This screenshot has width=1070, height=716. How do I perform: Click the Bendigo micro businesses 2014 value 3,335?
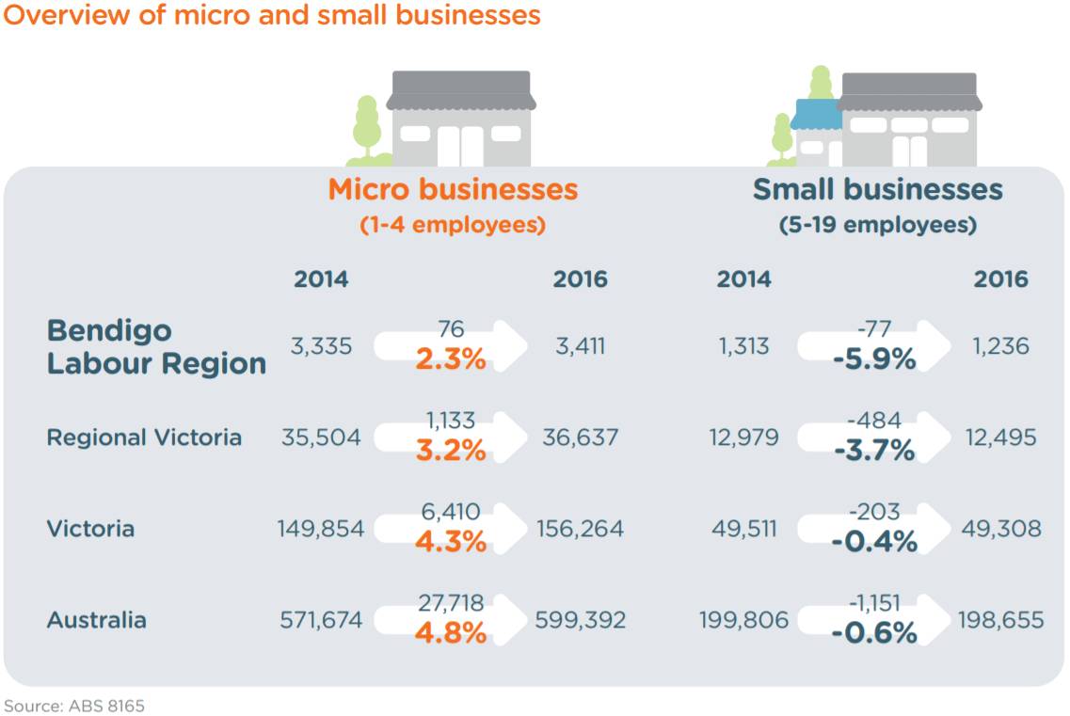click(321, 346)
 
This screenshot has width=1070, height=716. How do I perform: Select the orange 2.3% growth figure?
click(451, 358)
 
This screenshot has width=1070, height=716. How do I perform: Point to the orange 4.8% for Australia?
click(451, 632)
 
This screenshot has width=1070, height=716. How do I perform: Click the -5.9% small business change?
click(873, 358)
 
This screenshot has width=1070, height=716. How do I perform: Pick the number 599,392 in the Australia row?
click(580, 620)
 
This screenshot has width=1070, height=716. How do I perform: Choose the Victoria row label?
click(90, 529)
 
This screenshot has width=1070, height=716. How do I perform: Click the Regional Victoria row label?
click(144, 438)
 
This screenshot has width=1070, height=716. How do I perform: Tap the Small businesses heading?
click(877, 189)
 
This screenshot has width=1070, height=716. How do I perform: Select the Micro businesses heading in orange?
click(453, 189)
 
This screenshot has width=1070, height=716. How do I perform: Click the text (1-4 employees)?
click(453, 226)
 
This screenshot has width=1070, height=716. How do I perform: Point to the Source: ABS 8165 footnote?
click(74, 705)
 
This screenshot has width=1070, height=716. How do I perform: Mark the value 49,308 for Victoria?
click(1000, 529)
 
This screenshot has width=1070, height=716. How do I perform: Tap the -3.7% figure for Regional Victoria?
click(873, 451)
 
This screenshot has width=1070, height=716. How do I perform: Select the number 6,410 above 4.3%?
click(451, 512)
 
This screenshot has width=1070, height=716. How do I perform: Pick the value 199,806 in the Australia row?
click(743, 620)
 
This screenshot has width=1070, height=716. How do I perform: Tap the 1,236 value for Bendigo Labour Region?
click(1000, 346)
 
